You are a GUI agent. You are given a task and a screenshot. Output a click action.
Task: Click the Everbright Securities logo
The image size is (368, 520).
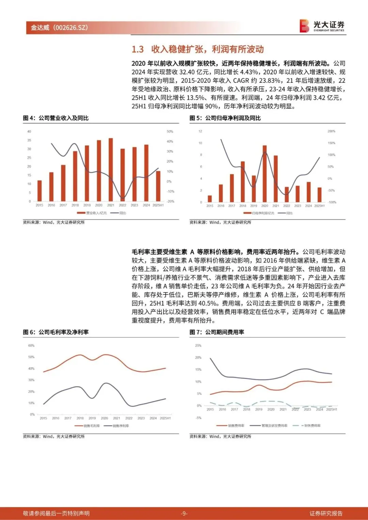[x=322, y=26]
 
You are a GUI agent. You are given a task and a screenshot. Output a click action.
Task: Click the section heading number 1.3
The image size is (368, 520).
[x=138, y=49]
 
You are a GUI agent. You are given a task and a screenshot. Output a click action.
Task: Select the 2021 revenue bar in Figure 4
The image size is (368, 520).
[x=111, y=170]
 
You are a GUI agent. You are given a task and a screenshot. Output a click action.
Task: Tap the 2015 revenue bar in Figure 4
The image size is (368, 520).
[x=40, y=191]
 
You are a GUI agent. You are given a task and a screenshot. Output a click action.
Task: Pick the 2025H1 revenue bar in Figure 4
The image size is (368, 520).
[x=158, y=186]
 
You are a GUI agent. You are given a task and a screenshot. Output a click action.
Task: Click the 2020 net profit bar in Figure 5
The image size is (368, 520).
[x=265, y=174]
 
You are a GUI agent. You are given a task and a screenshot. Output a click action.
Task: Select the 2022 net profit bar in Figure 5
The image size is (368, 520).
[x=287, y=194]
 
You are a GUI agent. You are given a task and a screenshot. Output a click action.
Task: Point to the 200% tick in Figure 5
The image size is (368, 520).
[x=331, y=131]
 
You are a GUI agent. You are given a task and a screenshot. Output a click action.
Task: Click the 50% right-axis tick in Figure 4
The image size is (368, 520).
[x=170, y=131]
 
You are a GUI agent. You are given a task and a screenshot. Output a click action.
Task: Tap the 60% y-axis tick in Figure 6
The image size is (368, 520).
[x=31, y=346]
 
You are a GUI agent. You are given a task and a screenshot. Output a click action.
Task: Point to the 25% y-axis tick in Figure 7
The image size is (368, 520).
[x=198, y=346]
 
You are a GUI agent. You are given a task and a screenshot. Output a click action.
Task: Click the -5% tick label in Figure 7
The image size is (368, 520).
[x=198, y=418]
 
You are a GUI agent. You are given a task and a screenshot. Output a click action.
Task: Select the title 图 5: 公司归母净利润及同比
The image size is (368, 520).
[x=225, y=118]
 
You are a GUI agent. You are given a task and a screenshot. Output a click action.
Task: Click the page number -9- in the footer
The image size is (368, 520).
[x=184, y=513]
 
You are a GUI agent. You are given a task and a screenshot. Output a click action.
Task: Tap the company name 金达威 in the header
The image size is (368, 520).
[x=40, y=28]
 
